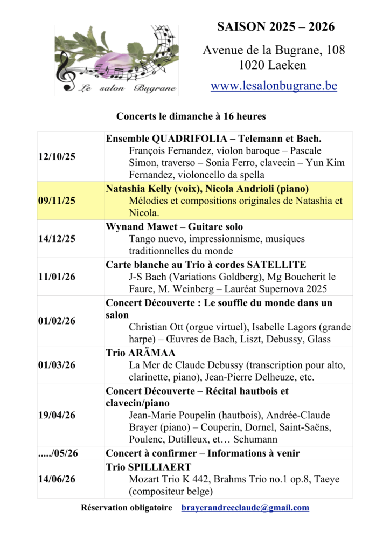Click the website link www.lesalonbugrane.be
pyautogui.click(x=274, y=86)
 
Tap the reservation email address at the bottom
pyautogui.click(x=245, y=508)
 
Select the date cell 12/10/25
pyautogui.click(x=57, y=157)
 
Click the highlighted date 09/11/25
pyautogui.click(x=57, y=201)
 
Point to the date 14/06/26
pyautogui.click(x=57, y=479)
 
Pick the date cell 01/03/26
pyautogui.click(x=57, y=365)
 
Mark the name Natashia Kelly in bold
pyautogui.click(x=137, y=189)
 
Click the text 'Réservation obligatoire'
pyautogui.click(x=127, y=508)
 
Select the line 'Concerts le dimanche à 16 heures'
pyautogui.click(x=191, y=116)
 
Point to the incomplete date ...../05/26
pyautogui.click(x=57, y=453)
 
